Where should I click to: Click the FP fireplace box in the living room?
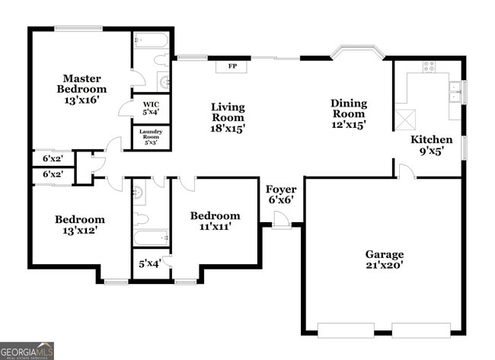coord(231,66)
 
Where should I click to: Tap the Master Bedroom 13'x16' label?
coord(82,88)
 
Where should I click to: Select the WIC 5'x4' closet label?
coord(150,107)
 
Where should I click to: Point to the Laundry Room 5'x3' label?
coord(150,137)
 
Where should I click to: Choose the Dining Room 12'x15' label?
coord(348,113)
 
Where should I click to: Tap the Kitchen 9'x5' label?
coord(431,145)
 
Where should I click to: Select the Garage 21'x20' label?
coord(385,260)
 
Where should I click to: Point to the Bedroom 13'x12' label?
coord(79,225)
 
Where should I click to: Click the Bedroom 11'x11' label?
coord(215,221)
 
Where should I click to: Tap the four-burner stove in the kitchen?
coord(429,66)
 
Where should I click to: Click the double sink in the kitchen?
coord(455,91)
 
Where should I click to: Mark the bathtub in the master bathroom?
coord(151,40)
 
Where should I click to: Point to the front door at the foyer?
coord(281,220)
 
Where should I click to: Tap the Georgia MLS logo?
coord(27,350)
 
